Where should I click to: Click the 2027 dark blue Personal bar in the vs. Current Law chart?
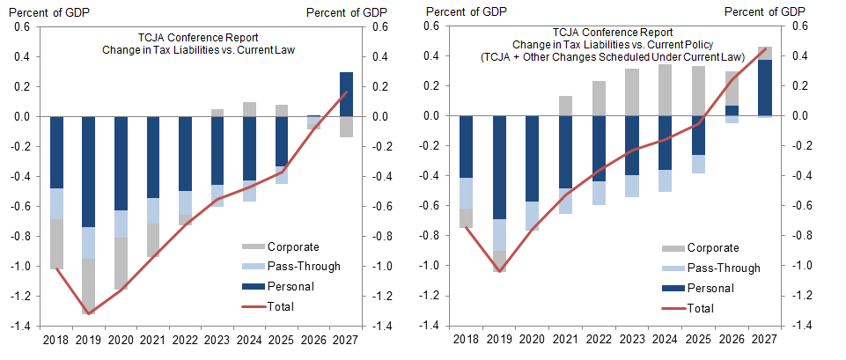[x=346, y=94]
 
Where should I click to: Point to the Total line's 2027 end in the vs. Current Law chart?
[x=346, y=92]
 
